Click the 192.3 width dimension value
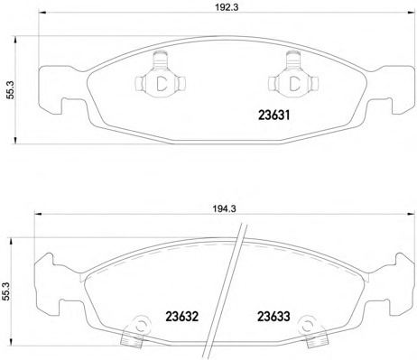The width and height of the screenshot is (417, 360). point(227,8)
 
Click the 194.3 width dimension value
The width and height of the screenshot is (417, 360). point(225,208)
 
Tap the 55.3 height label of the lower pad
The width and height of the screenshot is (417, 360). point(5,291)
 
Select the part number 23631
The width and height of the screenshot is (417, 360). point(273,115)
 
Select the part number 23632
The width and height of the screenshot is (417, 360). point(182,317)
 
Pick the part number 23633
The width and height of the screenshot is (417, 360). point(273,317)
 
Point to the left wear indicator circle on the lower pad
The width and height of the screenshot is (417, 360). point(140,325)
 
